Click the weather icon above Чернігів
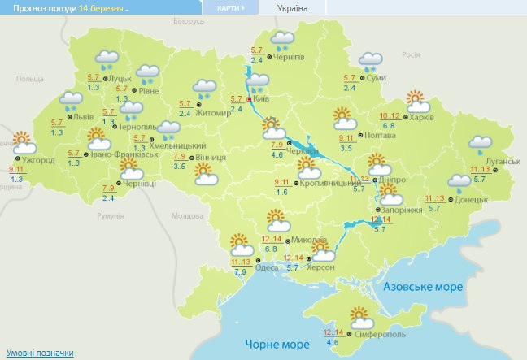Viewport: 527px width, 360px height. (282, 39)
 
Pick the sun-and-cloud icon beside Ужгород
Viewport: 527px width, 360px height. (21, 142)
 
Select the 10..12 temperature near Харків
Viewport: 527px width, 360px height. (390, 116)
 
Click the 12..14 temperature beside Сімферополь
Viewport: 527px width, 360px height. (333, 332)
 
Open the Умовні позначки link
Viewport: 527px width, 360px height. (39, 353)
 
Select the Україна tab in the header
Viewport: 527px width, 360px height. (293, 8)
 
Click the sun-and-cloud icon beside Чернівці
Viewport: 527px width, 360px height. (128, 170)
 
